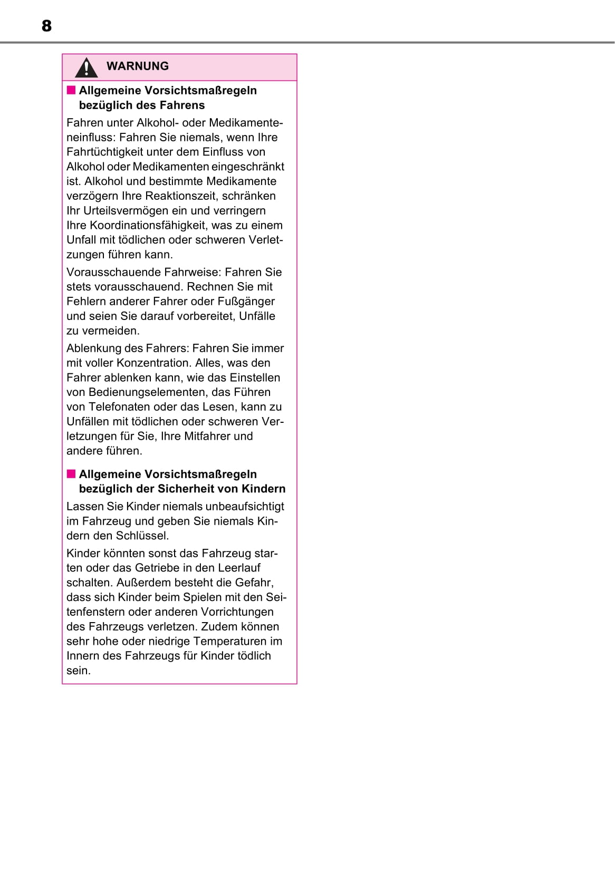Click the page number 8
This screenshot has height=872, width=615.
coord(46,26)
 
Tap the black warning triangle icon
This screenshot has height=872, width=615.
coord(86,67)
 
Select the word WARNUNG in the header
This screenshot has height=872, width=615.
coord(138,66)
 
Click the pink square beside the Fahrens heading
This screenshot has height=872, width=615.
coord(71,90)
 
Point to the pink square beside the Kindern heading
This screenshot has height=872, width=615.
coord(71,474)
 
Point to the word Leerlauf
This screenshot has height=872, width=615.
coord(239,568)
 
